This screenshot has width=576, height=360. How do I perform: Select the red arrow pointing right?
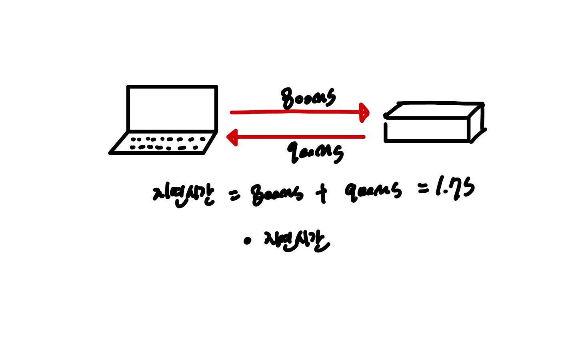[296, 112]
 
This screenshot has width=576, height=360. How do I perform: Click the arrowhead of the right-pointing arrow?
[364, 112]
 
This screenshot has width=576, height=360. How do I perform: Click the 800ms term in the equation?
[276, 194]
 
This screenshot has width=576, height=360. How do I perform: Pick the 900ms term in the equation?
[373, 191]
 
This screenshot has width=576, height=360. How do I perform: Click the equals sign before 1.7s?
[423, 188]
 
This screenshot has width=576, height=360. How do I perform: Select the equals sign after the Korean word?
[234, 195]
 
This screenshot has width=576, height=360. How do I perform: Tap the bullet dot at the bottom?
[247, 241]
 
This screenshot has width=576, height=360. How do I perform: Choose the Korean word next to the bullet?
[296, 241]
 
